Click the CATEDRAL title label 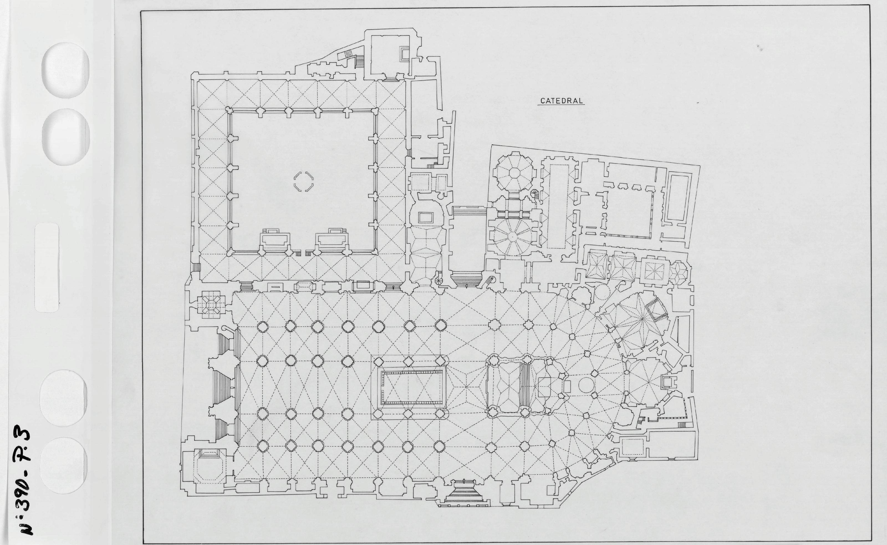(561, 101)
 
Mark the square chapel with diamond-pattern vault (210, 307)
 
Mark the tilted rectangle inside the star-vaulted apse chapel (655, 310)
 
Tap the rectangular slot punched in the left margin (47, 267)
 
